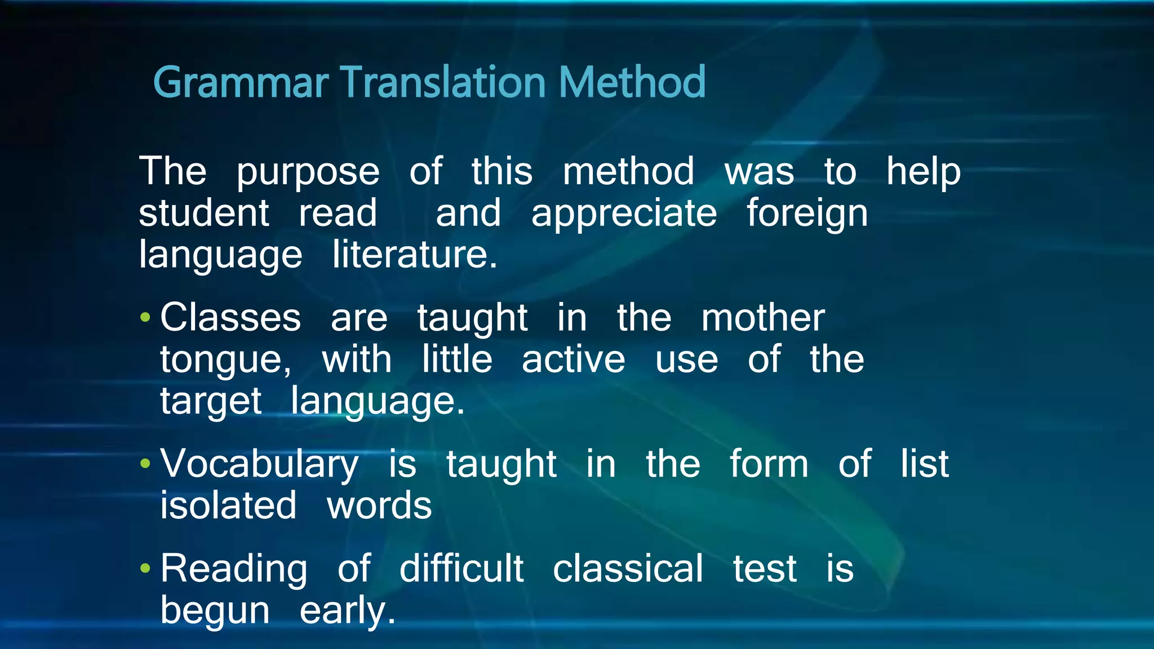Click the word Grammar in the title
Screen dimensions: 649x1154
coord(241,83)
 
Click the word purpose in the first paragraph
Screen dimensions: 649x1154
coord(308,172)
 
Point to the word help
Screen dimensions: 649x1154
coord(923,171)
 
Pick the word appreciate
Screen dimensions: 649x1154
coord(624,214)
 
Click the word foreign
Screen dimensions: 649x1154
coord(807,214)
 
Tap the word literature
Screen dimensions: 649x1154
coord(414,255)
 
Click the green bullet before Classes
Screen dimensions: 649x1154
coord(145,318)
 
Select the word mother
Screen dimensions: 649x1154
coord(763,318)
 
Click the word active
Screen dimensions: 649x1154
coord(573,359)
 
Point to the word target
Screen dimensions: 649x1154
coord(211,402)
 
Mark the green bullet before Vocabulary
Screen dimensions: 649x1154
coord(145,464)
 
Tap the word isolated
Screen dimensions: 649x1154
coord(228,505)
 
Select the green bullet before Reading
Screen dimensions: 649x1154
coord(145,568)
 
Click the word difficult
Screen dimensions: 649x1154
coord(461,568)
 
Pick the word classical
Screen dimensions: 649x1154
coord(628,568)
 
